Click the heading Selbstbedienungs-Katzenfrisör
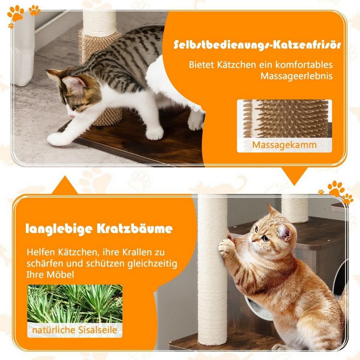(257, 45)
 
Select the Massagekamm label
(284, 145)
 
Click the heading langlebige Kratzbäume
(99, 229)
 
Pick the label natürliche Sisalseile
(75, 330)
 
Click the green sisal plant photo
(75, 303)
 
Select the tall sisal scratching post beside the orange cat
(212, 274)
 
